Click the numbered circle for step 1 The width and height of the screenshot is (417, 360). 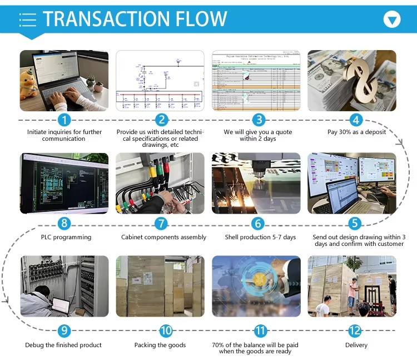click(65, 120)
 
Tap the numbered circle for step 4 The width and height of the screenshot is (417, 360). click(356, 120)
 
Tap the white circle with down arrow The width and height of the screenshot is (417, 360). click(393, 20)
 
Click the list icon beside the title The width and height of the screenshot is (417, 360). click(28, 19)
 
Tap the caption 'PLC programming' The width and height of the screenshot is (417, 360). click(64, 237)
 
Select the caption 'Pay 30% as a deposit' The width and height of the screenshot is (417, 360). click(356, 132)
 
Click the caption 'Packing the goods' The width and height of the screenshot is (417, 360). click(160, 345)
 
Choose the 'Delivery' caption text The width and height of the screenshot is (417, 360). click(356, 345)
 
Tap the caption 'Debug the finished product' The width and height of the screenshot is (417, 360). click(63, 345)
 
